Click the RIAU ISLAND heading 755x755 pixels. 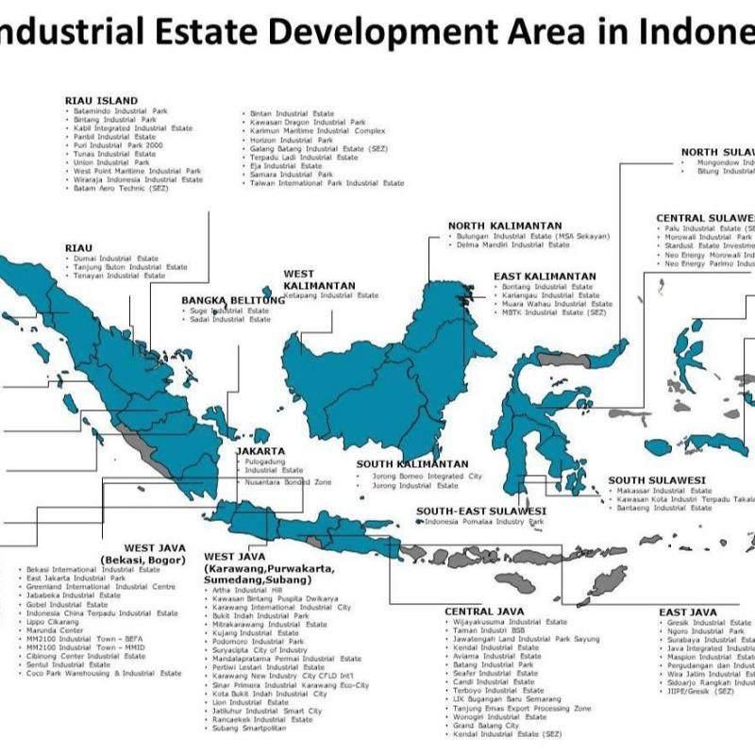tap(101, 100)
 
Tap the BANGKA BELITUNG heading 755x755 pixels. tap(233, 300)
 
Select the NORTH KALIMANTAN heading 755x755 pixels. tap(506, 225)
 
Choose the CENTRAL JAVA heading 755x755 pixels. tap(484, 612)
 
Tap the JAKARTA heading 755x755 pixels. tap(260, 451)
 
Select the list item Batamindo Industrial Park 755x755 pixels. tap(120, 110)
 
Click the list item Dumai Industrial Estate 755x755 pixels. tap(116, 258)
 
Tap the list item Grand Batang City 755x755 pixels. tap(486, 725)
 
